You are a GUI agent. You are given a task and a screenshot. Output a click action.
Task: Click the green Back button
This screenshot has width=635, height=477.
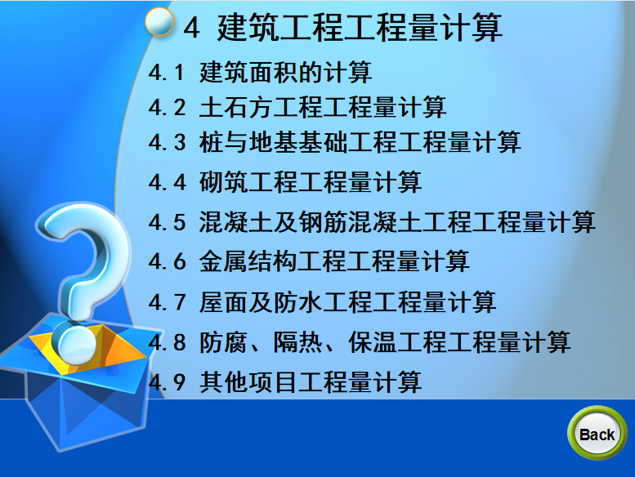pyautogui.click(x=597, y=434)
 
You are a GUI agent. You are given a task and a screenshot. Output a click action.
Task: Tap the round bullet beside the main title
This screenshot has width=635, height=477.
pyautogui.click(x=159, y=22)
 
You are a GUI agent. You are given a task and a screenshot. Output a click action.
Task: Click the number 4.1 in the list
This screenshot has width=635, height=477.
pyautogui.click(x=167, y=73)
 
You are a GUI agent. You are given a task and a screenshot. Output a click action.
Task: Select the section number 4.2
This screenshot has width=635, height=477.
pyautogui.click(x=167, y=108)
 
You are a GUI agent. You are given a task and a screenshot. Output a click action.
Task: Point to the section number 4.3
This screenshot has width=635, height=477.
pyautogui.click(x=167, y=142)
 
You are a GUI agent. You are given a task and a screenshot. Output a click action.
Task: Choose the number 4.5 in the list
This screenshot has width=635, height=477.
pyautogui.click(x=167, y=222)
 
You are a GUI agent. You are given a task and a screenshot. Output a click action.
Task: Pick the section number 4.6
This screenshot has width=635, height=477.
pyautogui.click(x=167, y=261)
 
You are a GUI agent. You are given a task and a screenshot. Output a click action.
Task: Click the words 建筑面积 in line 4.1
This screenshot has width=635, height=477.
pyautogui.click(x=248, y=73)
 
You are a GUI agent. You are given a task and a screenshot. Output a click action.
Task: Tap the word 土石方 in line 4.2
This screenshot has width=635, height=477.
pyautogui.click(x=236, y=107)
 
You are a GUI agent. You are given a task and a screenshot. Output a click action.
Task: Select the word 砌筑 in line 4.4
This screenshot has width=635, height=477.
pyautogui.click(x=224, y=181)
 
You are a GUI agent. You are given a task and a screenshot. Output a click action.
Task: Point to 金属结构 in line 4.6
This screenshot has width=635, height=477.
pyautogui.click(x=248, y=261)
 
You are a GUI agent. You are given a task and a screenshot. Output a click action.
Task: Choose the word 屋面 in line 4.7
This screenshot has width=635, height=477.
pyautogui.click(x=224, y=302)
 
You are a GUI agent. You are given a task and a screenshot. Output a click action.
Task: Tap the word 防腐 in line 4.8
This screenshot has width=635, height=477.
pyautogui.click(x=223, y=342)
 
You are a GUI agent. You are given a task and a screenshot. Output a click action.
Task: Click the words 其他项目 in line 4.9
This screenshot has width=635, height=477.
pyautogui.click(x=248, y=381)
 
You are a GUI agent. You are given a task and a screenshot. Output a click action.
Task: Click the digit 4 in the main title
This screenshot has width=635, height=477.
pyautogui.click(x=191, y=28)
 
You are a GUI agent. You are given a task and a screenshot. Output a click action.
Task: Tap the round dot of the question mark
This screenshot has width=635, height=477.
pyautogui.click(x=77, y=343)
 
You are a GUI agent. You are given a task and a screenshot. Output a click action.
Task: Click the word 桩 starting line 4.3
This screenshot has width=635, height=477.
pyautogui.click(x=211, y=142)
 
